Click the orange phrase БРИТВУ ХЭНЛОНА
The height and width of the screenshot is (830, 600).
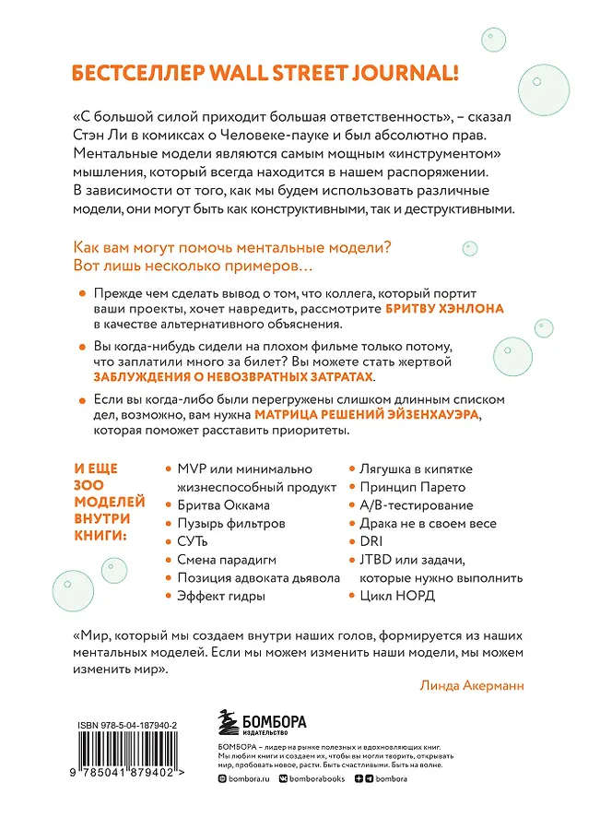(x=446, y=309)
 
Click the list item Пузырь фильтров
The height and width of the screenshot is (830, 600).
(x=230, y=523)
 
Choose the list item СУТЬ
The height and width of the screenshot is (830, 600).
(x=194, y=541)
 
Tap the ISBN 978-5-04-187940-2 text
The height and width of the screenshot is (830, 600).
(x=126, y=727)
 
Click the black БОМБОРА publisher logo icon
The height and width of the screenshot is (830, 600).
(x=229, y=721)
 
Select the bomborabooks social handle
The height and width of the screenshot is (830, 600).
(x=335, y=804)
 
